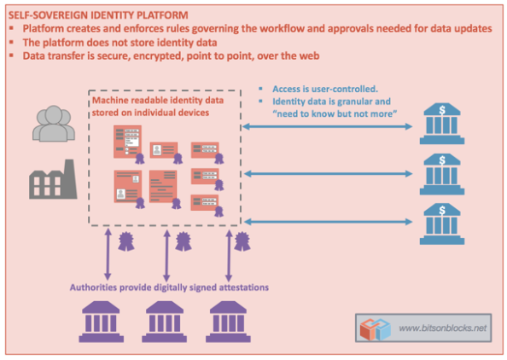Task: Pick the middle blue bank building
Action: [x=442, y=174]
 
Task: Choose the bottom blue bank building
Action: [x=442, y=221]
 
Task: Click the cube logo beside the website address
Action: [x=376, y=328]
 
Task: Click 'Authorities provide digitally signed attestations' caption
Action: [x=170, y=287]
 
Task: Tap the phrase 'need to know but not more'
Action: [x=329, y=113]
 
